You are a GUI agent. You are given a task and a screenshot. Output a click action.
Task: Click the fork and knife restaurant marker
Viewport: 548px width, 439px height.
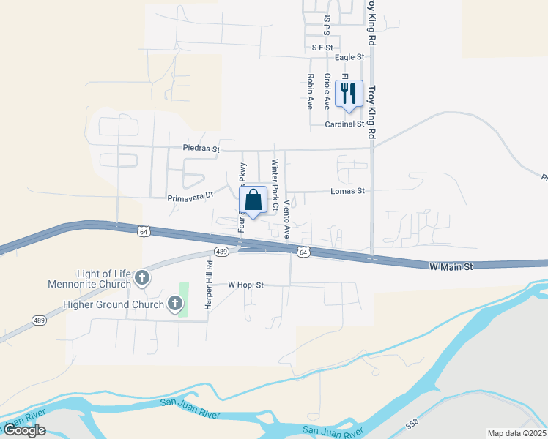[349, 94]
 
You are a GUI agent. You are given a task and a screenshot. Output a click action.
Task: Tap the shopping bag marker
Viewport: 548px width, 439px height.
[253, 200]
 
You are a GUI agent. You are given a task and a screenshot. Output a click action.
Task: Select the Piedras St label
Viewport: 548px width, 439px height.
[201, 149]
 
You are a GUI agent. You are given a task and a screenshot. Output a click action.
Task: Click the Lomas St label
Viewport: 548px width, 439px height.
[350, 191]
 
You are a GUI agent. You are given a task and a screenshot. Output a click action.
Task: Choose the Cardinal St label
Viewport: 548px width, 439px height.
[345, 124]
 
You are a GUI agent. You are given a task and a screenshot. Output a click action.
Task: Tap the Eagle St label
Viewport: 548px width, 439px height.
[349, 57]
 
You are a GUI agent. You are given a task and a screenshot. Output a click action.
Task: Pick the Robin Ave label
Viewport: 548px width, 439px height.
[311, 91]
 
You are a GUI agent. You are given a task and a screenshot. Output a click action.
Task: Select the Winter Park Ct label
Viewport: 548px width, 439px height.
[275, 184]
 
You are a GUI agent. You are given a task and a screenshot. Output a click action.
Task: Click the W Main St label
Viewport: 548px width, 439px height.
[450, 268]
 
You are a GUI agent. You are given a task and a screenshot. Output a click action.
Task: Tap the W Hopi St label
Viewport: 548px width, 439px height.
[245, 284]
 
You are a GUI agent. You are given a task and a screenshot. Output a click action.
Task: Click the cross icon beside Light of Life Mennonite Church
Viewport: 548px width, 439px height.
[142, 278]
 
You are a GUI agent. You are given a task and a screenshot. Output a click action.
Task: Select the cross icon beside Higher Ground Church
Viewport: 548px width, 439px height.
[174, 304]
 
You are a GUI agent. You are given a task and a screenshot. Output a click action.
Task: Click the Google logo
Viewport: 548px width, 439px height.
[24, 430]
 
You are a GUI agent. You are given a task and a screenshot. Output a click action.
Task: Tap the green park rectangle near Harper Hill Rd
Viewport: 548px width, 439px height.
[184, 300]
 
